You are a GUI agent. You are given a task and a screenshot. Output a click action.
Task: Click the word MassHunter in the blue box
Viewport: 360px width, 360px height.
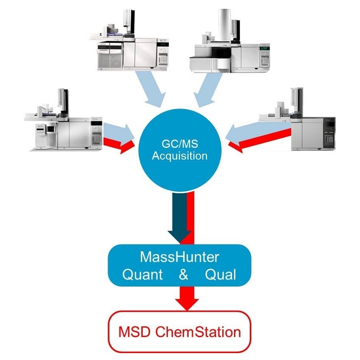pyautogui.click(x=180, y=257)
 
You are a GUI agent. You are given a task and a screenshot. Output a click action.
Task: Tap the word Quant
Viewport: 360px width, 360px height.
pyautogui.click(x=142, y=275)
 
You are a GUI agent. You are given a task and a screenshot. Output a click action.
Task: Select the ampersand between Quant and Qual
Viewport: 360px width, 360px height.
pyautogui.click(x=183, y=275)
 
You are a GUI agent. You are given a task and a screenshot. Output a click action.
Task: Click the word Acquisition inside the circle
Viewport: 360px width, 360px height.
pyautogui.click(x=180, y=156)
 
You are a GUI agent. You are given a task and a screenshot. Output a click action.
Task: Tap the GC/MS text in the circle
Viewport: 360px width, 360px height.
pyautogui.click(x=180, y=144)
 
